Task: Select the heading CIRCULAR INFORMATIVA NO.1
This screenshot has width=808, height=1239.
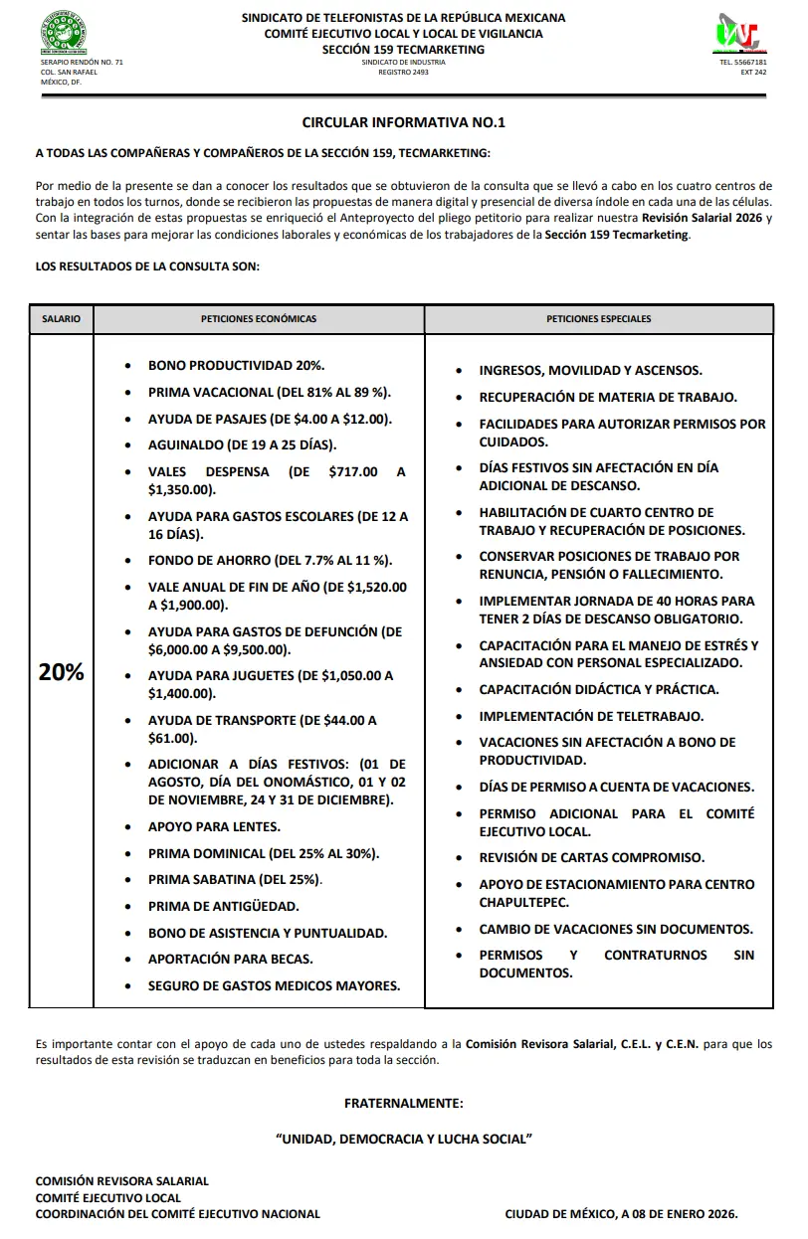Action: (x=404, y=122)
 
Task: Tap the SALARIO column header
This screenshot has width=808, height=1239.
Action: (x=61, y=319)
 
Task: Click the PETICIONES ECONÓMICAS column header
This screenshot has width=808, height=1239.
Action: (x=259, y=319)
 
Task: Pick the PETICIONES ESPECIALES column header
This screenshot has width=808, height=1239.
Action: (x=599, y=319)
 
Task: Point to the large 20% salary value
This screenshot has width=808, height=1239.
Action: (x=61, y=672)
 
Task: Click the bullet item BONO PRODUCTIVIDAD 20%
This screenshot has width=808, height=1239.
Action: (x=237, y=366)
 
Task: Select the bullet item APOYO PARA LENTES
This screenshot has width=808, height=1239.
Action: (x=214, y=826)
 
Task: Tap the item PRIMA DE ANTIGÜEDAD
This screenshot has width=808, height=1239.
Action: (x=224, y=906)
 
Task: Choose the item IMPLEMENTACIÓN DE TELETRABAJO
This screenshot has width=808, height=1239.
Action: (x=591, y=716)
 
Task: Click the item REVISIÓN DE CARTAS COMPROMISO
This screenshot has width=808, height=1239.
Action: (x=591, y=857)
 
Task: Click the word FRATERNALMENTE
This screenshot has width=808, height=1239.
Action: (x=404, y=1104)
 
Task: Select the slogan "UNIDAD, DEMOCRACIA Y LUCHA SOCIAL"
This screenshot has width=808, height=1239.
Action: (x=404, y=1139)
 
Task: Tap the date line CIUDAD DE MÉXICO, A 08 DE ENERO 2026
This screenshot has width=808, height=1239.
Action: (x=621, y=1214)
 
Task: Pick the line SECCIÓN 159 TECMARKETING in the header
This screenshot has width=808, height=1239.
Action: (x=404, y=50)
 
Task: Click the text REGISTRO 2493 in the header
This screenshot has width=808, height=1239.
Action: (x=404, y=73)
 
